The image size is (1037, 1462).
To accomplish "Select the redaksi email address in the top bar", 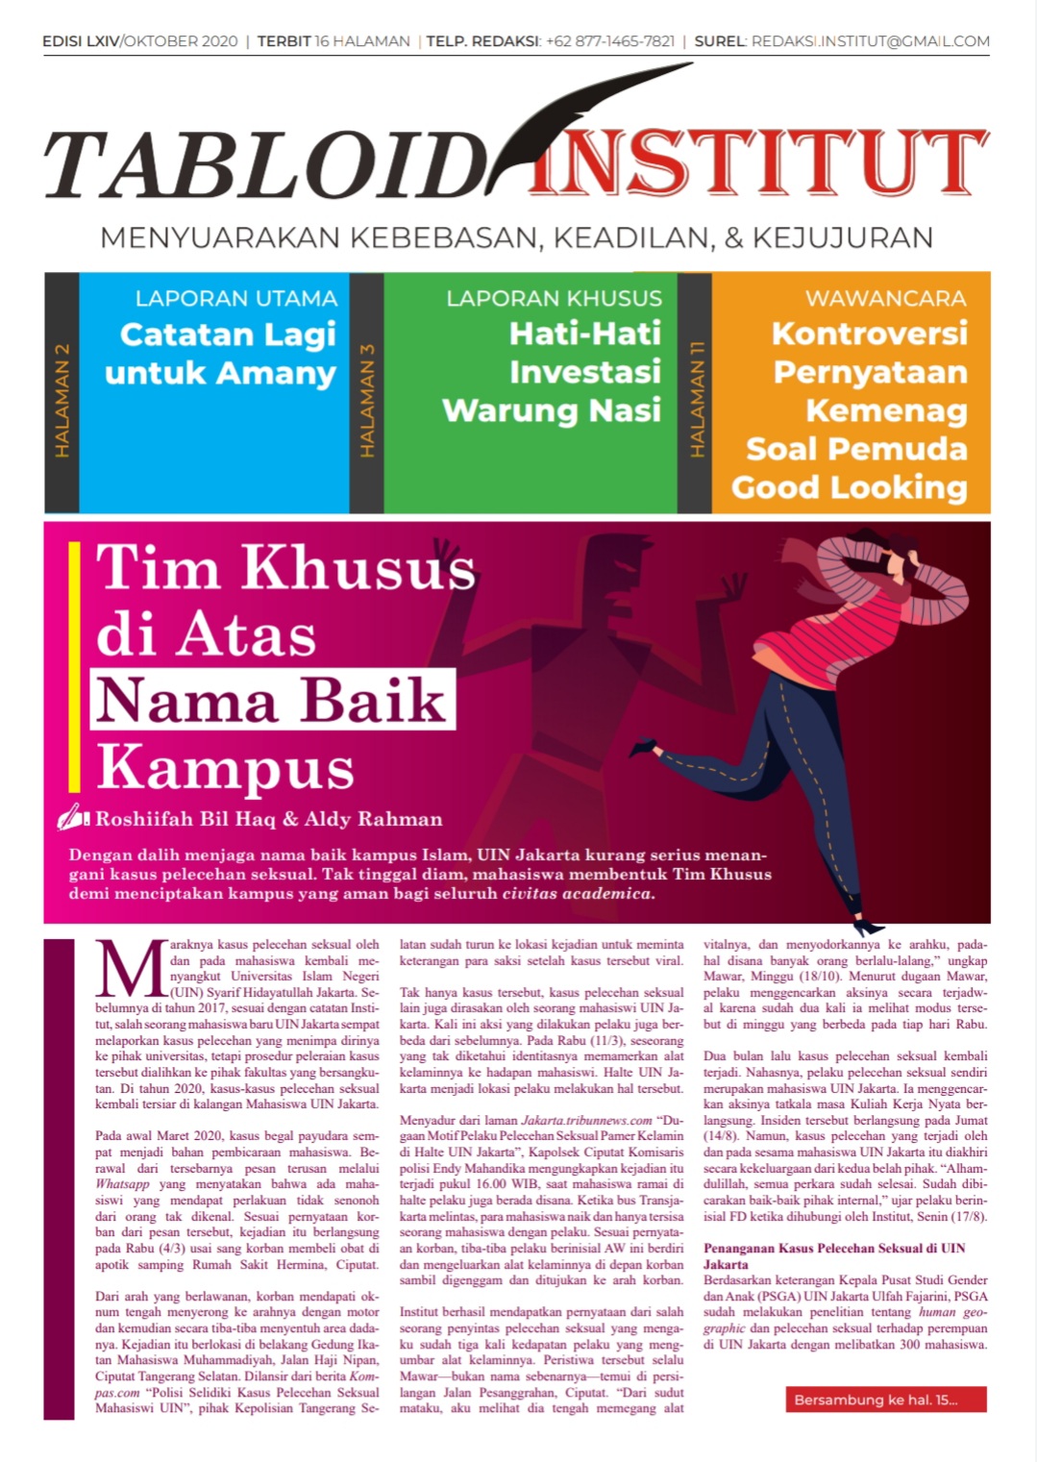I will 870,41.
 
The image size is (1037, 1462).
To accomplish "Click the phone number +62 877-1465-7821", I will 609,41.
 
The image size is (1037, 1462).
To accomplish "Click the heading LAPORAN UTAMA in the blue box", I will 235,298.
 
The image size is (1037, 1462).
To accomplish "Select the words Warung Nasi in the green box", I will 552,410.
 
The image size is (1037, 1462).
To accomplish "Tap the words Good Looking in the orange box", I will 849,487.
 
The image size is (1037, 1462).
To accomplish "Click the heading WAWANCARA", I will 885,298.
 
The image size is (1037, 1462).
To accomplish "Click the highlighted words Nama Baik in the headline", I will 272,701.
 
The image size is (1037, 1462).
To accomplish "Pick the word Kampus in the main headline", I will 226,768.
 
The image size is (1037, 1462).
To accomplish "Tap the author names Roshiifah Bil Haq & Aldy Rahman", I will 268,819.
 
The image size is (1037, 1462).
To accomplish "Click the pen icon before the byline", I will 74,818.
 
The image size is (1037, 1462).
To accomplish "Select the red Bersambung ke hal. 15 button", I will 885,1400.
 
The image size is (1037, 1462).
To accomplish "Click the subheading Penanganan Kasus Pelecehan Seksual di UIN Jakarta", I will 833,1255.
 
